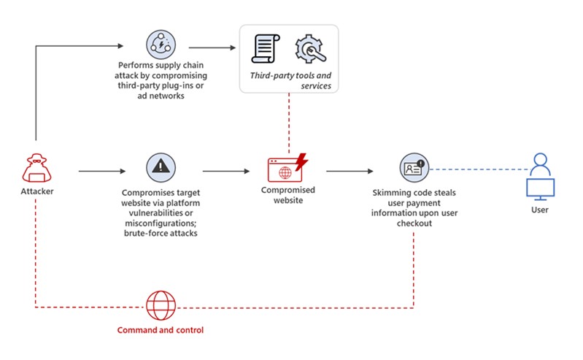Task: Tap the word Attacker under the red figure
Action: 36,191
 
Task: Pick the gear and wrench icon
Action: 309,50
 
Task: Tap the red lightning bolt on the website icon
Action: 300,160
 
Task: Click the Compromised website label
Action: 288,195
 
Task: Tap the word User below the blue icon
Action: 540,210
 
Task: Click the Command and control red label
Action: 161,330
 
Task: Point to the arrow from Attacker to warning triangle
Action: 100,172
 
